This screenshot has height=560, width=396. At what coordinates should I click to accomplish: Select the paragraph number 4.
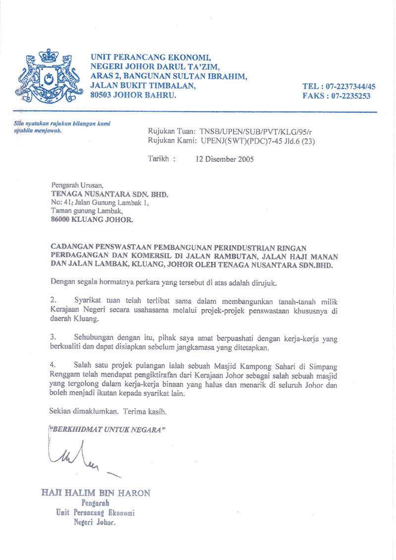(53, 365)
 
